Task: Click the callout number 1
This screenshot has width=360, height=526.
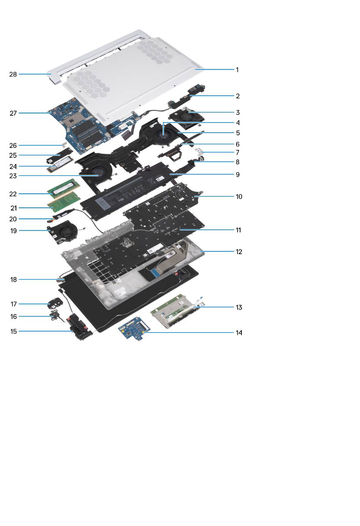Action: point(237,70)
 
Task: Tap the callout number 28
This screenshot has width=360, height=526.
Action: point(13,74)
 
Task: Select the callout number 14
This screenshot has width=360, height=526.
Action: point(239,333)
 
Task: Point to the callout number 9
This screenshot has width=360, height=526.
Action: point(238,175)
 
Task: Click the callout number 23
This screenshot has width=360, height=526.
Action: point(13,176)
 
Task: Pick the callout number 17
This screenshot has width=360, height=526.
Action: point(14,304)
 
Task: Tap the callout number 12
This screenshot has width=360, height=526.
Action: point(239,252)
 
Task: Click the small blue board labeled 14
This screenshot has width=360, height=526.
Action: point(134,328)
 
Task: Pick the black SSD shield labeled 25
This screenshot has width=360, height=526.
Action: point(59,156)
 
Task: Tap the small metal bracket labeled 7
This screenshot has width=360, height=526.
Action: point(199,151)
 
